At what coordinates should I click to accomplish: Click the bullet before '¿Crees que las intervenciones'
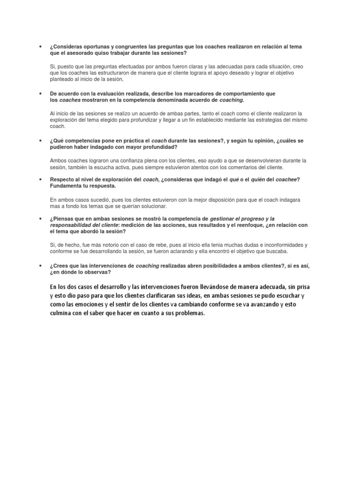(40, 266)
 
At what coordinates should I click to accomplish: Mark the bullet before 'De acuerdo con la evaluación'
(40, 94)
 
